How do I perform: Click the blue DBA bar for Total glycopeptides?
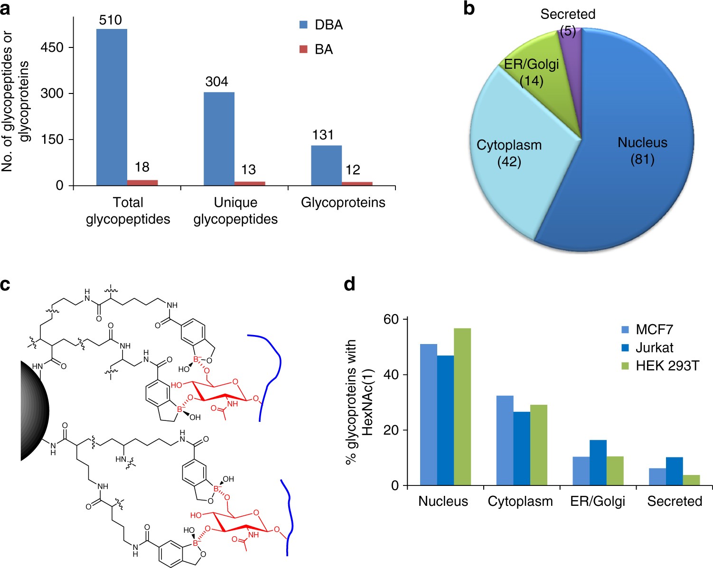(112, 107)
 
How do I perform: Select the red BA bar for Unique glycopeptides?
(249, 183)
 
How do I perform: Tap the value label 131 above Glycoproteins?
(323, 135)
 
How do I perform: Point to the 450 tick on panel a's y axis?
(52, 47)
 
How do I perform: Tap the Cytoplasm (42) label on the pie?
(509, 153)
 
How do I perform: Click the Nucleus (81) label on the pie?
(642, 151)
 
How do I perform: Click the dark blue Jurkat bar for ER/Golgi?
(598, 463)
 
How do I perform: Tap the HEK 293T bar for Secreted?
(691, 480)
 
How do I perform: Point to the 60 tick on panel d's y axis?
(391, 319)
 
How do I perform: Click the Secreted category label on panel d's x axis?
(675, 502)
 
